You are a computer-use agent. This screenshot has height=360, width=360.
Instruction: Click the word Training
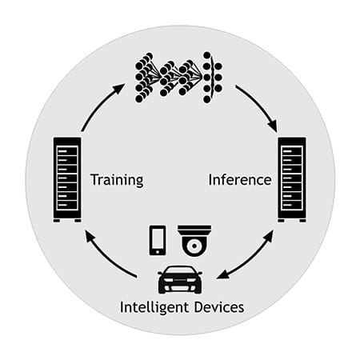click(117, 181)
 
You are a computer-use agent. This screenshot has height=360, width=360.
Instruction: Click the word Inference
click(240, 179)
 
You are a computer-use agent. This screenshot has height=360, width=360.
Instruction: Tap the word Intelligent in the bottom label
click(154, 307)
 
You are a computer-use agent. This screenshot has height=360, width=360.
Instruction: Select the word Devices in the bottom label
click(219, 307)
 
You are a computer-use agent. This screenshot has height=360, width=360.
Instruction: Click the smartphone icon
click(158, 240)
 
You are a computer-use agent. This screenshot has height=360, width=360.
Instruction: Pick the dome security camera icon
click(194, 241)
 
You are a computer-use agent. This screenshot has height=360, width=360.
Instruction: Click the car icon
click(180, 279)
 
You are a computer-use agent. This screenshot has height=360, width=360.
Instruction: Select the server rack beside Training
click(67, 179)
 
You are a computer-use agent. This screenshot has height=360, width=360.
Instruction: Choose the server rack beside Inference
click(292, 179)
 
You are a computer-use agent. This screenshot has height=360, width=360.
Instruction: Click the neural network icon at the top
click(178, 78)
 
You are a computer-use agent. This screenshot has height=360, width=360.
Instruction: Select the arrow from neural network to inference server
click(258, 106)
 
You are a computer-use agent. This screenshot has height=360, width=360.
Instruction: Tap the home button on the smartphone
click(158, 251)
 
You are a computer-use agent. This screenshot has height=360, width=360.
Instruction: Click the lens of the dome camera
click(194, 246)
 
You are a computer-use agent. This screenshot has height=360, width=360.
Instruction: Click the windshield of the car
click(180, 270)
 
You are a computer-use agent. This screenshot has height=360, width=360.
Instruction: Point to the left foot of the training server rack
click(57, 221)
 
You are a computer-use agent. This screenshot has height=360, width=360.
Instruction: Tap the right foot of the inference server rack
click(302, 221)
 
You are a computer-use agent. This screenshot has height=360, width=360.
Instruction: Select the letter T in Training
click(94, 179)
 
